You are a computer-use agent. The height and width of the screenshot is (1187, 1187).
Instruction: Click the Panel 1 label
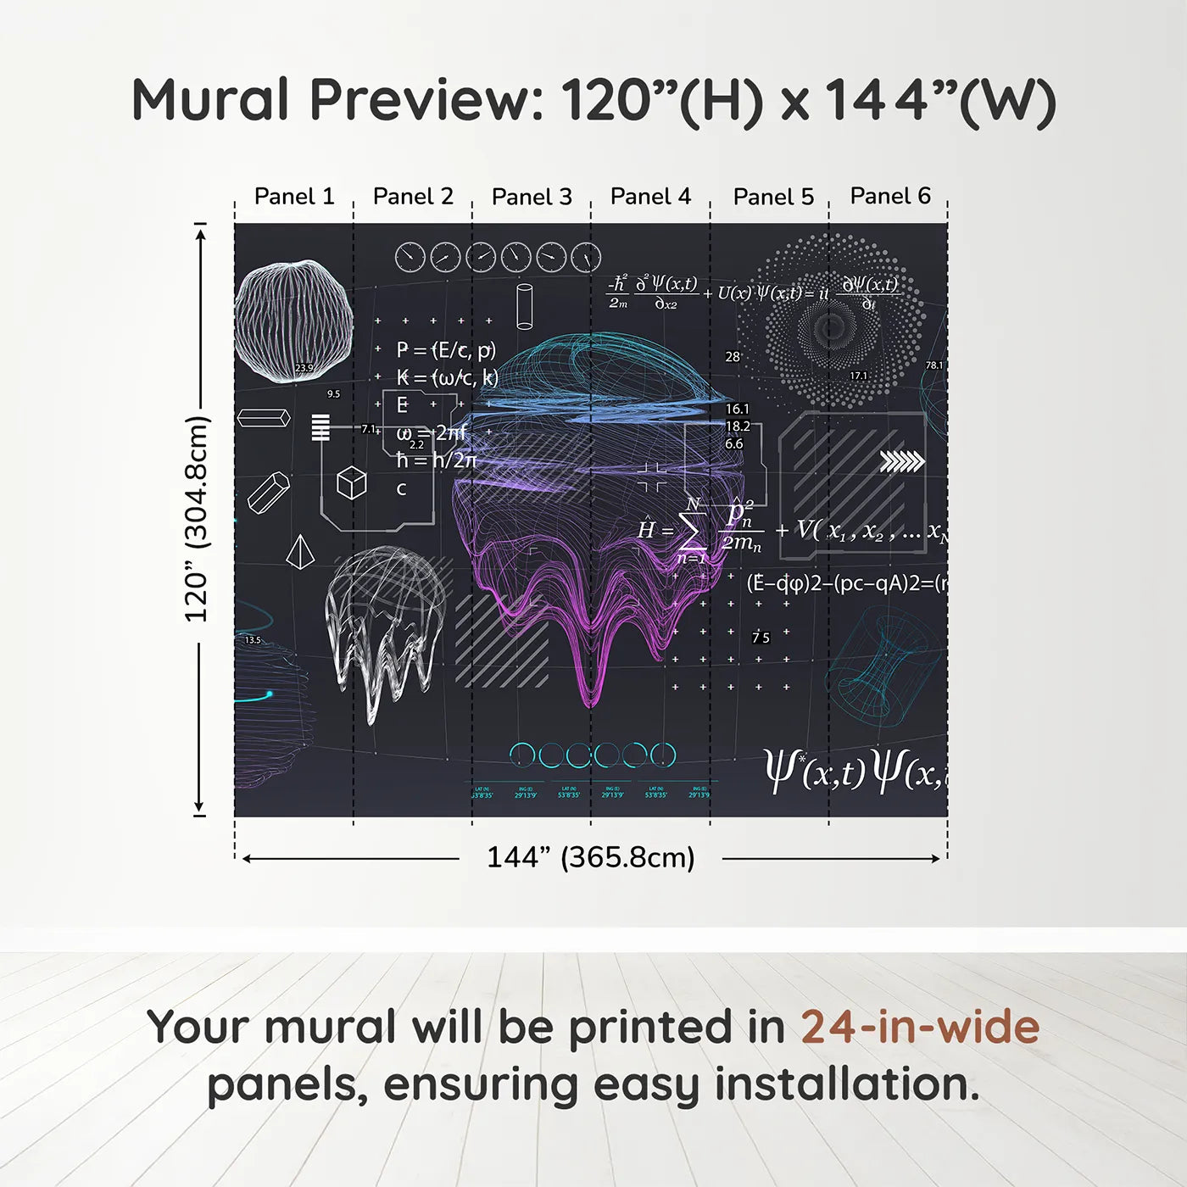294,197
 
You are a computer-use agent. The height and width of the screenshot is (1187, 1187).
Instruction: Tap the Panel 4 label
650,197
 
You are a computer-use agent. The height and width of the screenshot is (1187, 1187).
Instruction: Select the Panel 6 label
890,197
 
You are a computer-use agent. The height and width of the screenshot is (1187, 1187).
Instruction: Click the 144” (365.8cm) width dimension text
590,857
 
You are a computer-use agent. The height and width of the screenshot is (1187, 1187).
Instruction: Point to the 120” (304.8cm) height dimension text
197,519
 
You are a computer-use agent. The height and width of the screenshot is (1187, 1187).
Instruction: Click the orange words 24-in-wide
920,1027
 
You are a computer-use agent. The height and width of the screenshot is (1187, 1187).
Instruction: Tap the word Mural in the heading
211,100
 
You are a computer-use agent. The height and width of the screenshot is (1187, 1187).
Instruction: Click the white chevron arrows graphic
902,461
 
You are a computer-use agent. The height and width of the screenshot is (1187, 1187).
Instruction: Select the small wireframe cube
351,483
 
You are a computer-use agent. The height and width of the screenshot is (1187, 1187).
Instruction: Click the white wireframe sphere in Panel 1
293,320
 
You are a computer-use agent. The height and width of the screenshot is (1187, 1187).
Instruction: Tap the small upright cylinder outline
525,306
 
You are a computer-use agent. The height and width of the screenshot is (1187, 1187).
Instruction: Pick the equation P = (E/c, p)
446,350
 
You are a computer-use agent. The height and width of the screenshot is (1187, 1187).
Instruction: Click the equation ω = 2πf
432,432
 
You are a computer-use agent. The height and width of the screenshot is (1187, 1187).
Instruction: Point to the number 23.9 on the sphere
304,368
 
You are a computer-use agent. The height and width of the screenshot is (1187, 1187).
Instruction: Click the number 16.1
737,409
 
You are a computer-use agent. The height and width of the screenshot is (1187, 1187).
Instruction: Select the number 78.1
933,365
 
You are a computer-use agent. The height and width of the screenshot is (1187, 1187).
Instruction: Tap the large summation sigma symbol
691,532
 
